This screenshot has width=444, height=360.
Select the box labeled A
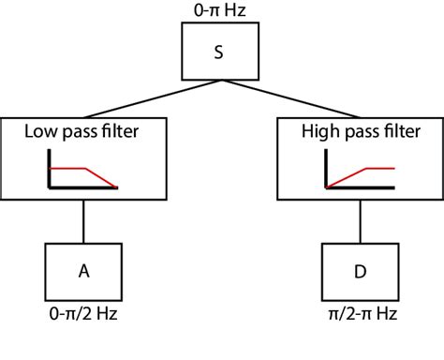83,270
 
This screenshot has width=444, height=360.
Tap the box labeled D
360,270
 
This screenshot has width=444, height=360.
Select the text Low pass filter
83,133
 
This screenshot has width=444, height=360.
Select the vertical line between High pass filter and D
360,221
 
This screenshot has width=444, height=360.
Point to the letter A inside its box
83,270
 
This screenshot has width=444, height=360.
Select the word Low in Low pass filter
40,133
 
